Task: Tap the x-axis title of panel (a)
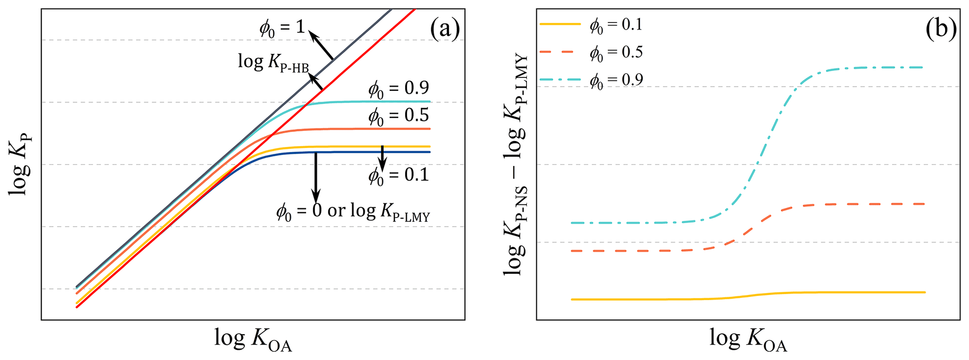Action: point(253,340)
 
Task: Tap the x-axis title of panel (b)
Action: point(748,340)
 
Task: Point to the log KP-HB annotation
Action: point(273,62)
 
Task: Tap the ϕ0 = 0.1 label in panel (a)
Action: point(398,175)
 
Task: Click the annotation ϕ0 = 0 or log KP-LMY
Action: point(353,212)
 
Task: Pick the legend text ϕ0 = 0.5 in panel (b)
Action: point(616,52)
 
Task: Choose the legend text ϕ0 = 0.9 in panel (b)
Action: point(616,80)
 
